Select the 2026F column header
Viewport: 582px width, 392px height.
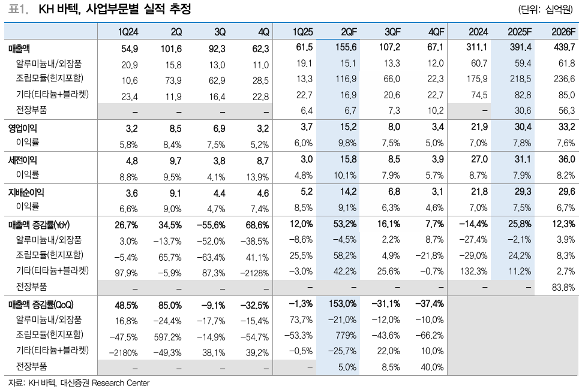[x=562, y=31]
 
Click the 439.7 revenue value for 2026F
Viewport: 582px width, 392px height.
[x=564, y=48]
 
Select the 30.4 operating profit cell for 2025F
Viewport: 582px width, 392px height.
[x=520, y=127]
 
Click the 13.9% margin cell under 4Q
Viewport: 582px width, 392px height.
[x=257, y=176]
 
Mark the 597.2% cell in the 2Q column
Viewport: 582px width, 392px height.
[x=170, y=335]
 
